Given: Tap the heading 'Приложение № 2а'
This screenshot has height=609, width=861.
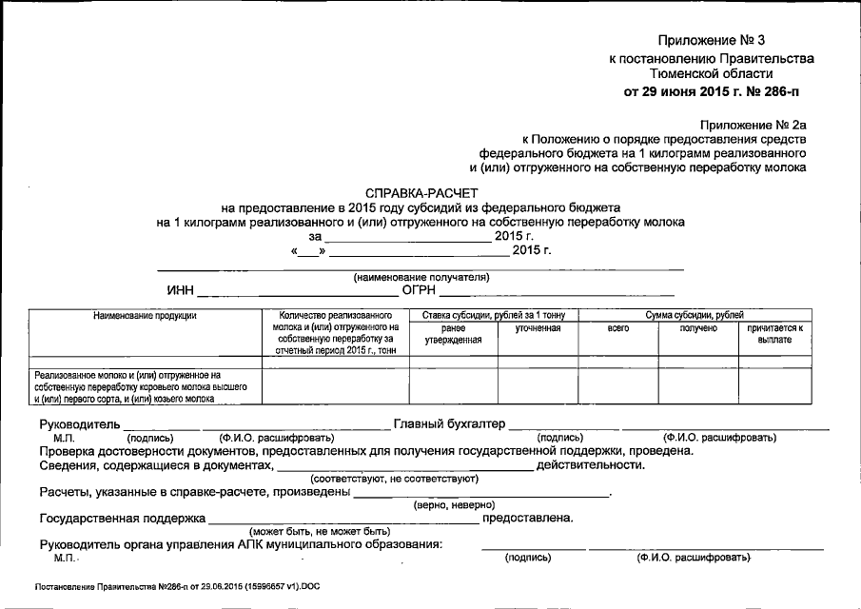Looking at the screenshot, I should [753, 124].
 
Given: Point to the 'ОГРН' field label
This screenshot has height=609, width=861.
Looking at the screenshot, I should [419, 290].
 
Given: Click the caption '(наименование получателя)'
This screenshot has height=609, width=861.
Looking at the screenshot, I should [421, 277].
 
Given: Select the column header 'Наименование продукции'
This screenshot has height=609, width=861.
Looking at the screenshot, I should [145, 315].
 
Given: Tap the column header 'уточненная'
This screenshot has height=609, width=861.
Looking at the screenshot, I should [538, 328].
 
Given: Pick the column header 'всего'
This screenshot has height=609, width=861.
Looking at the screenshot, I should [618, 328].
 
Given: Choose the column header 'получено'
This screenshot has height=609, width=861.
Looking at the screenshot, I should [698, 328].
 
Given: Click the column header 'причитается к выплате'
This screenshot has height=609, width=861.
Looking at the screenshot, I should [774, 333].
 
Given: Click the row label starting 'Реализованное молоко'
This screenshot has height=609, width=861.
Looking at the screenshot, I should [141, 387].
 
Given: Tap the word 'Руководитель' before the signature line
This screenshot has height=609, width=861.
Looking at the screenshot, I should [80, 423].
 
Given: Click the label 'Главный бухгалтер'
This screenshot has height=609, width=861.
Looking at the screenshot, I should [449, 423].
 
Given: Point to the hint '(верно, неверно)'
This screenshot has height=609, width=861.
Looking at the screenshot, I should [454, 504].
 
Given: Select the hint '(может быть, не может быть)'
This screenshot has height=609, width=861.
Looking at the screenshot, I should [320, 530].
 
